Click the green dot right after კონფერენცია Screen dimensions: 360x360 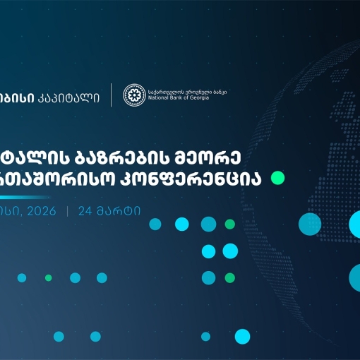point(277,177)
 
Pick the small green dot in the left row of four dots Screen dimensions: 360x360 point(48,277)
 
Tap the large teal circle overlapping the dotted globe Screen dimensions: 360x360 point(309,224)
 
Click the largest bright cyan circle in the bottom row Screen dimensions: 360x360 point(242,336)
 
